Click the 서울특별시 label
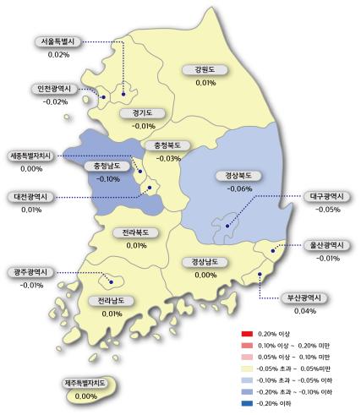coord(58,41)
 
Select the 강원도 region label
coord(205,69)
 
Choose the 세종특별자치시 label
coord(31,156)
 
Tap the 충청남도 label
coord(111,166)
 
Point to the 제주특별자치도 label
coord(86,384)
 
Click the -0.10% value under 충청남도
coord(108,179)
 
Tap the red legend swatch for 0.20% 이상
coord(247,334)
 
